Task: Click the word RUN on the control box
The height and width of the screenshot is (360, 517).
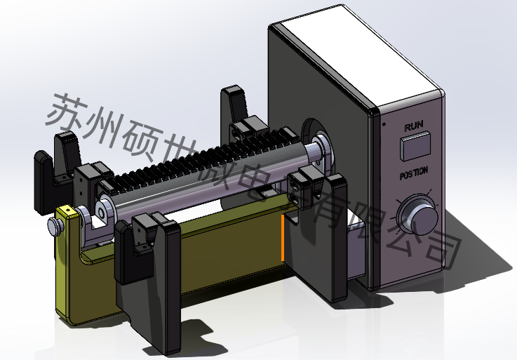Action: tap(413, 126)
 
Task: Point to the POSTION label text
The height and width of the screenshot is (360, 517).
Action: tap(414, 173)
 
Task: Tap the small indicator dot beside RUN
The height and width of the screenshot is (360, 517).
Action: tap(384, 124)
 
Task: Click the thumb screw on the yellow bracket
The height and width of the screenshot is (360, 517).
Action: tap(55, 226)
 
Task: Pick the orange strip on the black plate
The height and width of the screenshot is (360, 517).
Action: tap(283, 238)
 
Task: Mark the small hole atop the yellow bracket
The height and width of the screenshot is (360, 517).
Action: tap(68, 210)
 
